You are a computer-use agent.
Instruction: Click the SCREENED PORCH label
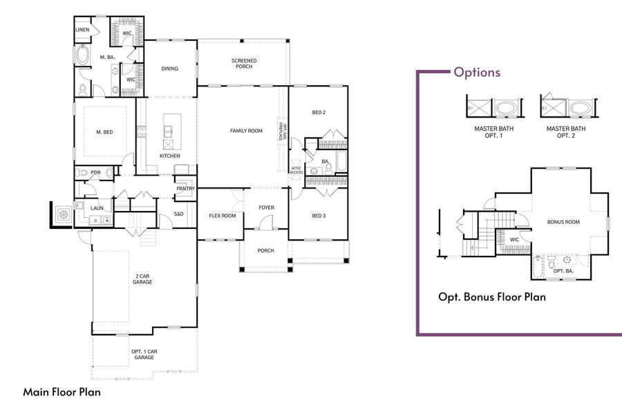pyautogui.click(x=244, y=64)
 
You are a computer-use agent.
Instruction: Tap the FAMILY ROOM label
pyautogui.click(x=246, y=131)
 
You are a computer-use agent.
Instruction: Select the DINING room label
pyautogui.click(x=169, y=68)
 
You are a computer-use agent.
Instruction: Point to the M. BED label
pyautogui.click(x=104, y=132)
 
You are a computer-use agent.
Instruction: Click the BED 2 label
pyautogui.click(x=319, y=112)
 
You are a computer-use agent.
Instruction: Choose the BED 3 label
pyautogui.click(x=319, y=215)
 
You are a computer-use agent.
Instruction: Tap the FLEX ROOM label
pyautogui.click(x=223, y=215)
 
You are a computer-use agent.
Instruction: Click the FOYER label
pyautogui.click(x=266, y=207)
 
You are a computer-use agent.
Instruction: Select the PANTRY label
pyautogui.click(x=185, y=188)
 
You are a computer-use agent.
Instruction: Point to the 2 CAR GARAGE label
pyautogui.click(x=143, y=279)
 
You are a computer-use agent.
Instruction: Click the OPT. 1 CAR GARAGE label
pyautogui.click(x=143, y=355)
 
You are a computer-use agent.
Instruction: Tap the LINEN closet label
pyautogui.click(x=82, y=30)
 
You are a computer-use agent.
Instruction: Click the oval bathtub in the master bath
pyautogui.click(x=82, y=54)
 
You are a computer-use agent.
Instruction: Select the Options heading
pyautogui.click(x=477, y=73)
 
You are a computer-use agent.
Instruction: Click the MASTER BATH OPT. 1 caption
pyautogui.click(x=493, y=131)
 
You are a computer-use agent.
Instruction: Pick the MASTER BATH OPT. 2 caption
pyautogui.click(x=566, y=131)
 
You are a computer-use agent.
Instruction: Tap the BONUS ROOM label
pyautogui.click(x=563, y=222)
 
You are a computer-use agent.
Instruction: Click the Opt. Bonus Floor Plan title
pyautogui.click(x=492, y=297)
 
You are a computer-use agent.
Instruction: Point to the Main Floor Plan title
pyautogui.click(x=62, y=391)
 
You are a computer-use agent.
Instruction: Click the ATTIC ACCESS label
pyautogui.click(x=296, y=170)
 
